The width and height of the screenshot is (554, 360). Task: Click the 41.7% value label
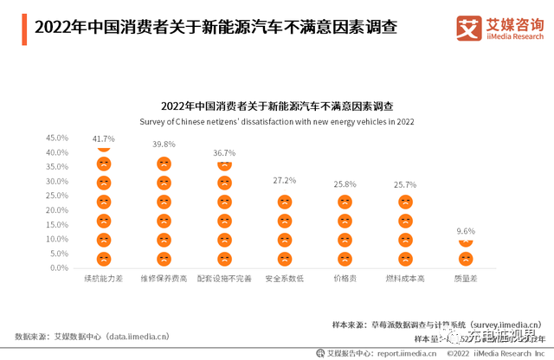click(x=103, y=138)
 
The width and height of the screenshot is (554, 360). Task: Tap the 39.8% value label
click(x=164, y=145)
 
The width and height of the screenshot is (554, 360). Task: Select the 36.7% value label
click(x=224, y=152)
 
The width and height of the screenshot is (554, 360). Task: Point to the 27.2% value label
click(x=285, y=180)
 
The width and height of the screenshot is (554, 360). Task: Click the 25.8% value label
click(x=345, y=184)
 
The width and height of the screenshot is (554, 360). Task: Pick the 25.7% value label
click(x=405, y=184)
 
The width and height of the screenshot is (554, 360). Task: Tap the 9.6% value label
click(x=466, y=231)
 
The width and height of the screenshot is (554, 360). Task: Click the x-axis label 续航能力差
click(x=103, y=280)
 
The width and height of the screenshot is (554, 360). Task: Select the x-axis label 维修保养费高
click(x=164, y=280)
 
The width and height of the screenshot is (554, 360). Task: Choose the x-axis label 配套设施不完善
click(x=224, y=280)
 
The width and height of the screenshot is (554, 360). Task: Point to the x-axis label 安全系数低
click(x=285, y=280)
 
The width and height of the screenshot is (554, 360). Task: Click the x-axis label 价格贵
click(x=345, y=280)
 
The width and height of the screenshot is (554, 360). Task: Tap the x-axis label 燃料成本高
click(x=405, y=280)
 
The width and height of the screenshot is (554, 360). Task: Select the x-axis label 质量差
click(x=466, y=280)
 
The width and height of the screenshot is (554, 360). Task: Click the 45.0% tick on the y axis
click(x=56, y=138)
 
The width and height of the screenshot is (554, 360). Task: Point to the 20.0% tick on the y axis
click(x=56, y=210)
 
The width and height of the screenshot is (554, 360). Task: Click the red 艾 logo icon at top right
click(x=470, y=27)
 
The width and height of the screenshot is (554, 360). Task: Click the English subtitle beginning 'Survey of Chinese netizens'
click(x=277, y=122)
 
